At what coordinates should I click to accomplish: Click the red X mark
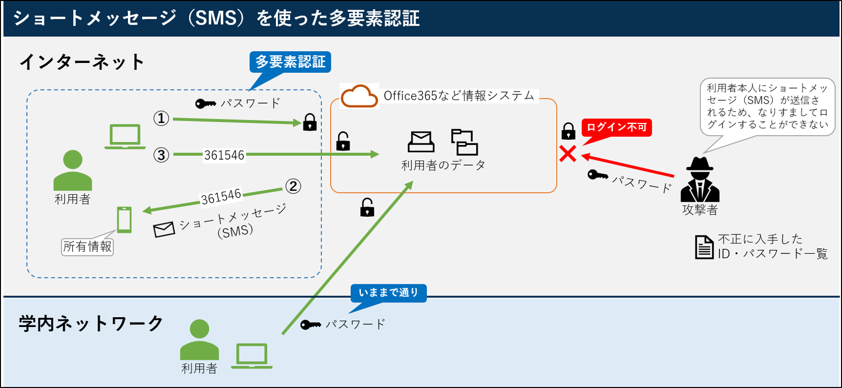pos(568,154)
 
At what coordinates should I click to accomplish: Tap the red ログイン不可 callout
pos(616,127)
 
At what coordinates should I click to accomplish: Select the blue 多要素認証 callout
pos(290,62)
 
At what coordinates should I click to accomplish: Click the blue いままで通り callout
pos(388,293)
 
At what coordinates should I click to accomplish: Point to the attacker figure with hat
pos(699,180)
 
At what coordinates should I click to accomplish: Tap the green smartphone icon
pos(124,219)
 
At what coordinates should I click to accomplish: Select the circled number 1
pos(161,119)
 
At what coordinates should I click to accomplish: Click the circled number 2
pos(293,186)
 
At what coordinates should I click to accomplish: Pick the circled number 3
pos(161,155)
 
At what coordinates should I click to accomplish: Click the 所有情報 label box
pos(88,246)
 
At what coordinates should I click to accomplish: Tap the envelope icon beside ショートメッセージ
pos(164,229)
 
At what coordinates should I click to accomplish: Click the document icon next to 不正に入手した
pos(704,247)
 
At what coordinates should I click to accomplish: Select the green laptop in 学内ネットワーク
pos(252,356)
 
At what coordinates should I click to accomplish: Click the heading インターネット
pos(82,62)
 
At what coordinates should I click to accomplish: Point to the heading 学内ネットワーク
pos(91,324)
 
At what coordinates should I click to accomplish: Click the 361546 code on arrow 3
pos(224,155)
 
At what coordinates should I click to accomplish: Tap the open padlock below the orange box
pos(367,208)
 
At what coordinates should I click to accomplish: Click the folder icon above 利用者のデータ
pos(464,142)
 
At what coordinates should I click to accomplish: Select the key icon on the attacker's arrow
pos(598,175)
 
